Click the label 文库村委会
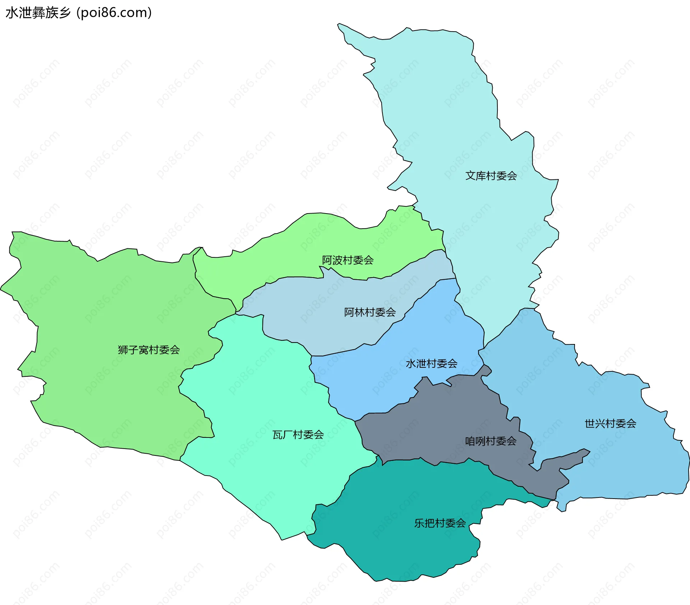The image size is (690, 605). [x=491, y=176]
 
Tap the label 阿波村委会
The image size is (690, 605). [x=348, y=260]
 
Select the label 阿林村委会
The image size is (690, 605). [x=370, y=312]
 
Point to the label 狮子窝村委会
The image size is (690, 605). [x=149, y=350]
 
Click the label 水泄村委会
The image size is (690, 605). [x=431, y=363]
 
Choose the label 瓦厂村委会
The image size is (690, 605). [x=298, y=435]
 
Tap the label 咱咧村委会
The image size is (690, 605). [x=491, y=441]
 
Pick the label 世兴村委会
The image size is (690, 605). [x=610, y=423]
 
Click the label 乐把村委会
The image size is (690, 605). [x=440, y=523]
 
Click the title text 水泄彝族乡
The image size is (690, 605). [x=38, y=13]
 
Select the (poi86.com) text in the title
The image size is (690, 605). [x=114, y=13]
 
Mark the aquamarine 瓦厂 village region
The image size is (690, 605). [x=259, y=395]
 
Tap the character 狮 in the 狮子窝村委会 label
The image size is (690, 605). [x=123, y=350]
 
